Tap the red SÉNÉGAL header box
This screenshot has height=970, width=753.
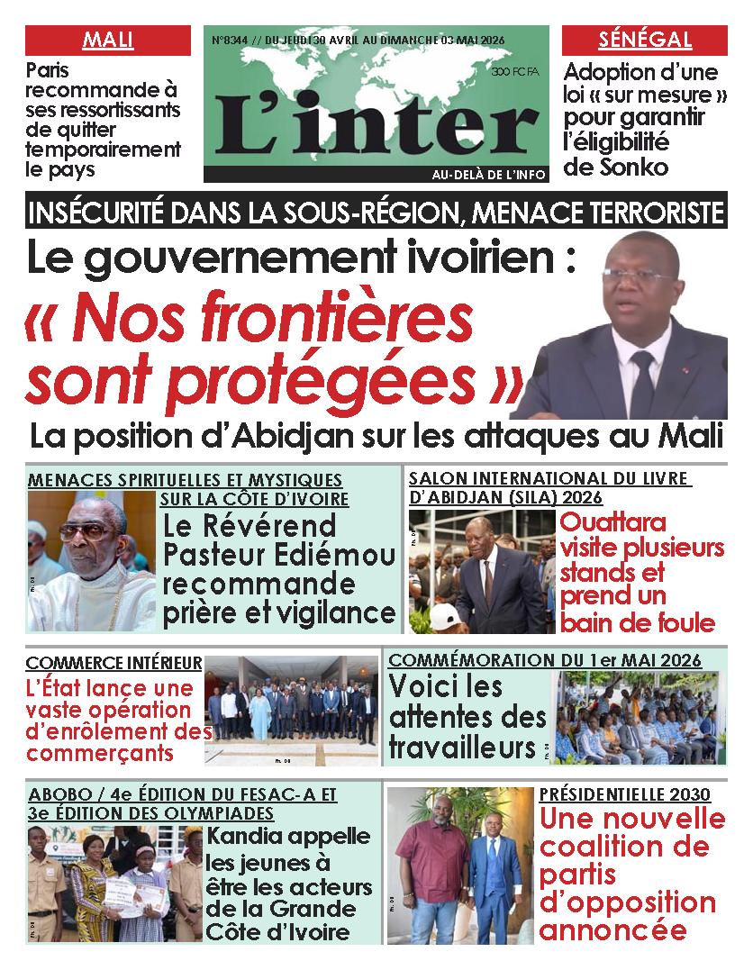point(644,41)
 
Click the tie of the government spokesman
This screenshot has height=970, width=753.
point(642,383)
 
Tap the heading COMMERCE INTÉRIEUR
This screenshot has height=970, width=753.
point(114,664)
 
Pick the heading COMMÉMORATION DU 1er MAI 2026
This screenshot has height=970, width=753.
point(544,661)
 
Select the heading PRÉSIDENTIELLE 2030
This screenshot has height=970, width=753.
point(624,794)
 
